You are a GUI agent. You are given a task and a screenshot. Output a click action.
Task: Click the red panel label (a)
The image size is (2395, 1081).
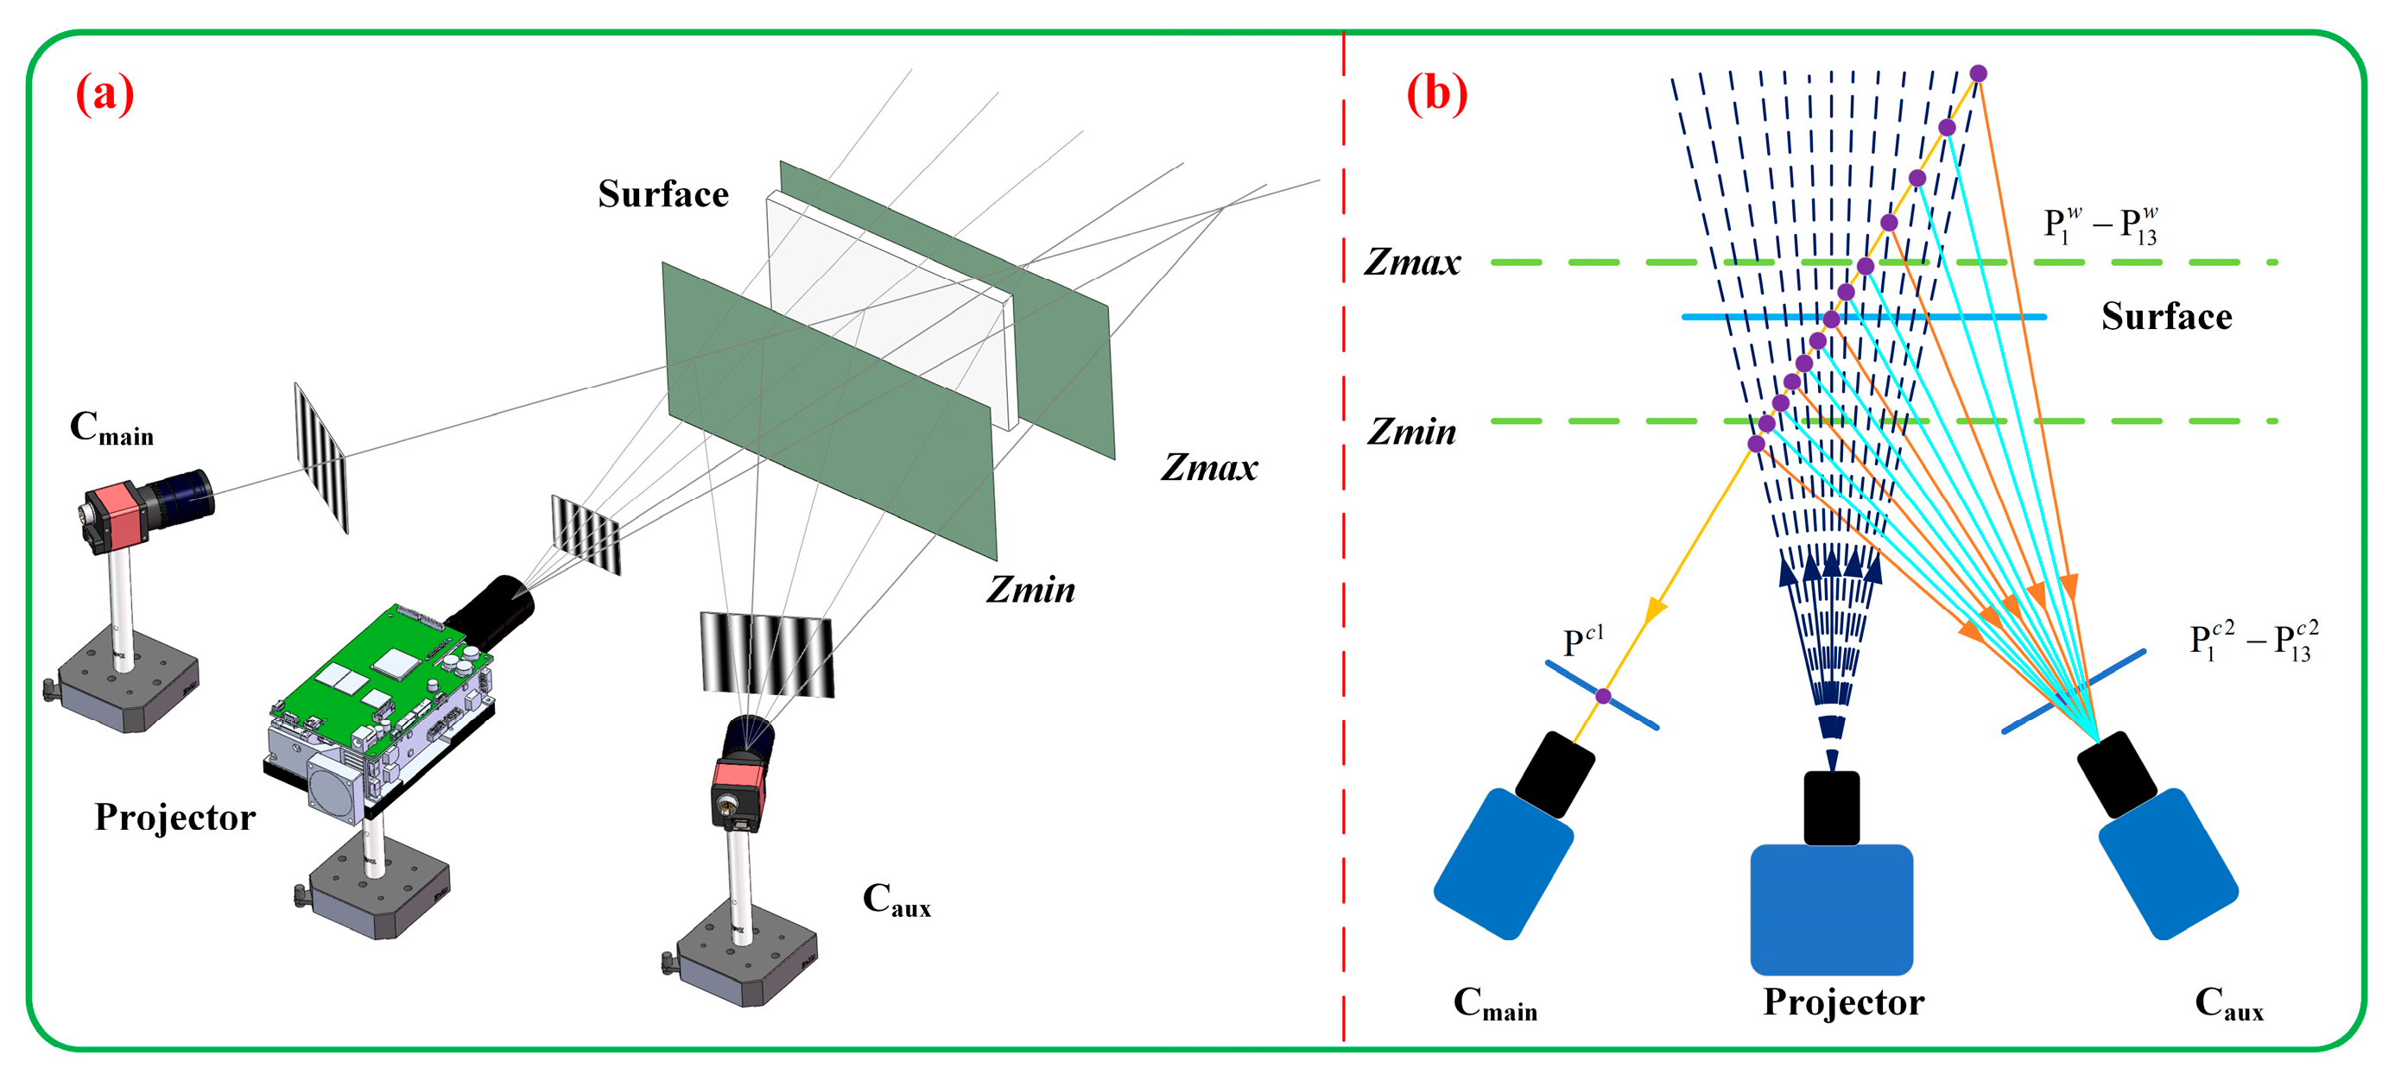tap(105, 94)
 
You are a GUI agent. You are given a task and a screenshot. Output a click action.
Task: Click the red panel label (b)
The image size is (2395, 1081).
tap(1436, 94)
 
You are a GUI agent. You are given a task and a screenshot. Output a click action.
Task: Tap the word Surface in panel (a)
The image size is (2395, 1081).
tap(663, 194)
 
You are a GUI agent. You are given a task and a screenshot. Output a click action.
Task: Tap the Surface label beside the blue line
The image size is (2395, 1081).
tap(2166, 317)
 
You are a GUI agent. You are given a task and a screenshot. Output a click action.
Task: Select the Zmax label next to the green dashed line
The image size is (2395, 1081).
tap(1411, 263)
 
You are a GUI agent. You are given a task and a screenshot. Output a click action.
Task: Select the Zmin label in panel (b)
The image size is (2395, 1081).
tap(1411, 433)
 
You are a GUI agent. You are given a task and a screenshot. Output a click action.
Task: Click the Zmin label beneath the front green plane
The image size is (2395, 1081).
tap(1030, 591)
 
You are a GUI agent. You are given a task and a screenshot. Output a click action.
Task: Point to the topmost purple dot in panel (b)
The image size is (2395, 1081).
tap(1979, 73)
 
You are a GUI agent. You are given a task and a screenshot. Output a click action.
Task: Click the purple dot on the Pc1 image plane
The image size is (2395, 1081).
tap(1603, 696)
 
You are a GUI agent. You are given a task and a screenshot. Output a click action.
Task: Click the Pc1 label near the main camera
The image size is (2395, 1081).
tap(1582, 642)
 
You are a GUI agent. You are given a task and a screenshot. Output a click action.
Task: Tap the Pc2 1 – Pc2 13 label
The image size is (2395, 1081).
tap(2253, 642)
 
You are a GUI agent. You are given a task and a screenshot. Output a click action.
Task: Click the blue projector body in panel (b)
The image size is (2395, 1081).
tap(1831, 908)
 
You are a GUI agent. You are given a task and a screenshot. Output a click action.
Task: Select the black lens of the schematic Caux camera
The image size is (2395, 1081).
tap(2116, 774)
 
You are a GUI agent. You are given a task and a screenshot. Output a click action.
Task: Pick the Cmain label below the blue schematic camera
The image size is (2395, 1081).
tap(1494, 1004)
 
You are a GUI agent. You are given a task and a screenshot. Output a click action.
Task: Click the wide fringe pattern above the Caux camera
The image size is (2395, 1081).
tap(766, 654)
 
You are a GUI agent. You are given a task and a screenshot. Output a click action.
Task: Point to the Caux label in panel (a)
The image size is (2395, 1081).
tap(896, 900)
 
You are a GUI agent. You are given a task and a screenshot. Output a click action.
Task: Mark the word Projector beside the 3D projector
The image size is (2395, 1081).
tap(174, 818)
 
